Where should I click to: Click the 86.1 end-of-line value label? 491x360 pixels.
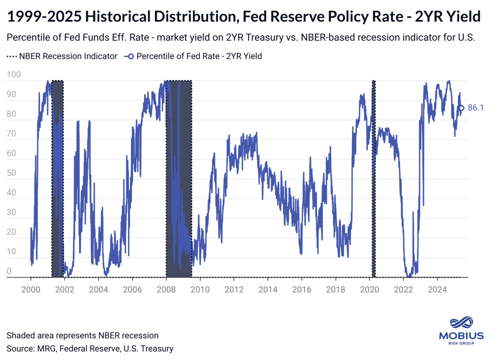[475, 108]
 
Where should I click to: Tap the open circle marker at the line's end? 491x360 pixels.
[462, 108]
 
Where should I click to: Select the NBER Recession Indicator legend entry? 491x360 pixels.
[62, 56]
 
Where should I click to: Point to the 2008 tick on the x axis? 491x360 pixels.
[166, 289]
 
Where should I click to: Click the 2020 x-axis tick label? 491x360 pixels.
[369, 289]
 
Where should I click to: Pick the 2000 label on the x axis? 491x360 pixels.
[31, 289]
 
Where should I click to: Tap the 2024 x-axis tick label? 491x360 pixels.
[437, 289]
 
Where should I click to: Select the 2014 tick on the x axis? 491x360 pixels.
[268, 289]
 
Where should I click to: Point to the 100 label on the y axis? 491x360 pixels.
[14, 75]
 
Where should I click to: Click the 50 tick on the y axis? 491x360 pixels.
[11, 173]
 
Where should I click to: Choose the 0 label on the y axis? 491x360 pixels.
[9, 272]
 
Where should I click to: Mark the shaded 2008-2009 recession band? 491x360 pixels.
[179, 178]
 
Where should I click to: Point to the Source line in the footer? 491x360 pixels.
[90, 349]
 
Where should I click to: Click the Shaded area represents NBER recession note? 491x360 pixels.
[82, 335]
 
